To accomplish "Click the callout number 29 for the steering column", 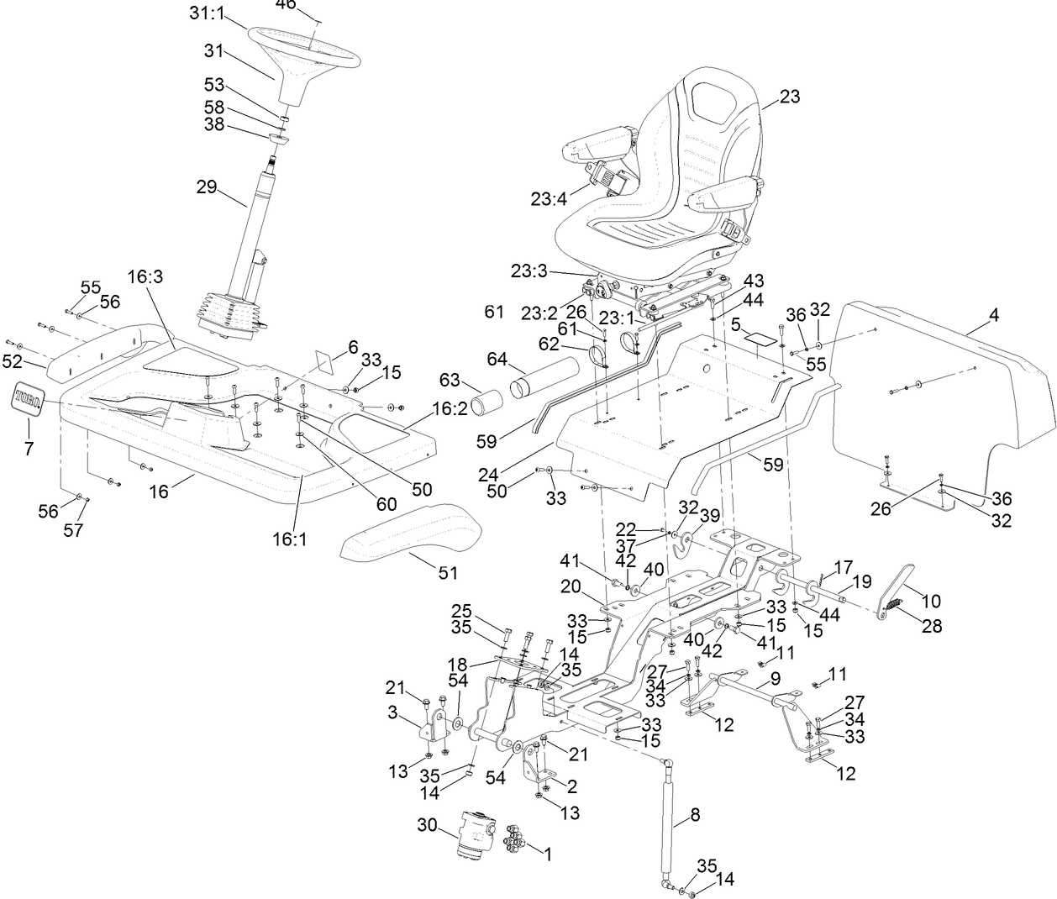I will [207, 187].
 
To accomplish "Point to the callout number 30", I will [428, 826].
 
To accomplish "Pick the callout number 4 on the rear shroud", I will [994, 317].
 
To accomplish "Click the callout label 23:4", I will [549, 200].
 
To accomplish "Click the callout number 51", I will [448, 573].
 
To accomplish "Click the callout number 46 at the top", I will [286, 5].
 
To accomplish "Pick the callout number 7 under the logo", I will [29, 449].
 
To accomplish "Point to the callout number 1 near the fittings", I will [547, 854].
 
